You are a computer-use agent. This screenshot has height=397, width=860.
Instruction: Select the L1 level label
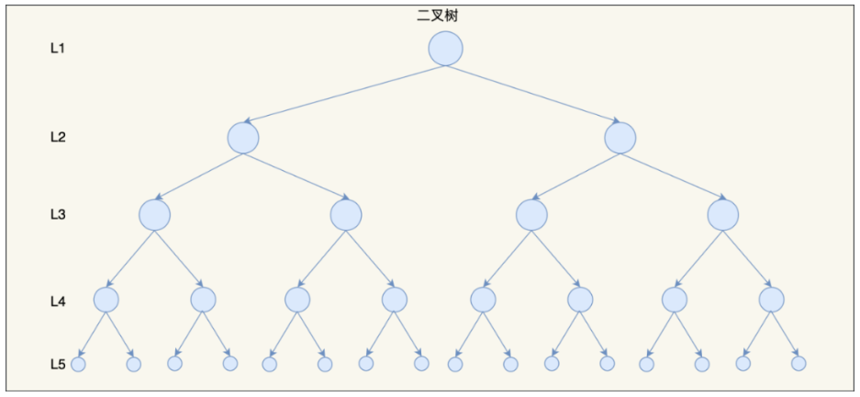coord(58,48)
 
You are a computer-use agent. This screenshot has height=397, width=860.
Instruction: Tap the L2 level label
coord(58,138)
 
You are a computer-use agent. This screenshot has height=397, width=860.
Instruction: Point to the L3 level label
coord(58,215)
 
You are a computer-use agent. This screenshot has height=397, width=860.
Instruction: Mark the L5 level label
coord(58,364)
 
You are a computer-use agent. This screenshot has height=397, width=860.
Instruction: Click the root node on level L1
coord(445,49)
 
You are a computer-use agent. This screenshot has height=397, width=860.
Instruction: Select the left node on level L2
coord(243,138)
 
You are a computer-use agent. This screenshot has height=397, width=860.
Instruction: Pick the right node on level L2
coord(620,138)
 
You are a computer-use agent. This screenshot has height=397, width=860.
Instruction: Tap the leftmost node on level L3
coord(155,215)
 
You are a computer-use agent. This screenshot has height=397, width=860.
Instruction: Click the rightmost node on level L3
coord(723,215)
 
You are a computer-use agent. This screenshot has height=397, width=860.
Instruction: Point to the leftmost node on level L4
coord(106,300)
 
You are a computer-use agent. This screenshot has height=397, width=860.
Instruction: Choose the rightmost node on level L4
coord(772,300)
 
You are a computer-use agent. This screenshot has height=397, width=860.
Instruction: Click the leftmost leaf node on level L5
coord(78,364)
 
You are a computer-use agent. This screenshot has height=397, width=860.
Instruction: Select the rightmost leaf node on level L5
coord(799,363)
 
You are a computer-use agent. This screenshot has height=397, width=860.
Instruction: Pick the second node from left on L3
coord(346,215)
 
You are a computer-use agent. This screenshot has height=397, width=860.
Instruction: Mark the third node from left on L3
coord(531,215)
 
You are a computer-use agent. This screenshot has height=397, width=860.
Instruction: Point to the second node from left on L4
coord(203,300)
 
